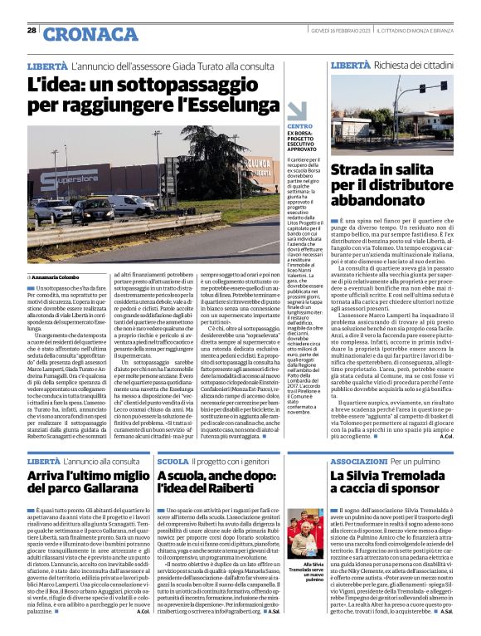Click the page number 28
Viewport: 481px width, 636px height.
click(x=32, y=30)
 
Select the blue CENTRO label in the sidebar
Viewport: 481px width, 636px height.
click(x=299, y=125)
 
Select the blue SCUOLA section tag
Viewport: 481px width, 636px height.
click(x=172, y=460)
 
